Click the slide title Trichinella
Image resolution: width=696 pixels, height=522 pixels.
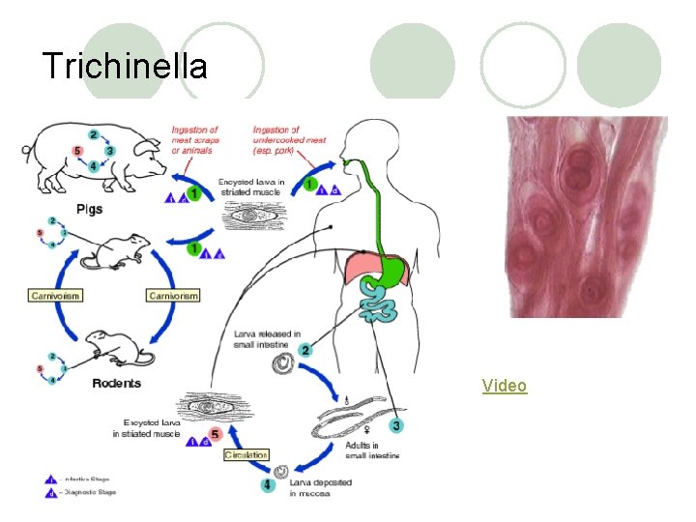click(x=125, y=66)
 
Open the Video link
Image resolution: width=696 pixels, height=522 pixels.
click(x=505, y=386)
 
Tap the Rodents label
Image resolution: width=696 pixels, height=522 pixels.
click(x=117, y=383)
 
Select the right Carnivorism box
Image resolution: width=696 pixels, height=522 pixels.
click(x=172, y=295)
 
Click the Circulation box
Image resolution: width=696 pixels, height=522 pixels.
click(x=246, y=454)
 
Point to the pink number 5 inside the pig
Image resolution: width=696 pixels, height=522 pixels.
click(x=76, y=152)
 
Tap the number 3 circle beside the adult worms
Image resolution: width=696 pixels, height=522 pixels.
click(x=396, y=425)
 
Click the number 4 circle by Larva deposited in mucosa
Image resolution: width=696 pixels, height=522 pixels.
click(x=268, y=484)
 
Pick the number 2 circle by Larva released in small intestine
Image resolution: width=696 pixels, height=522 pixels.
click(x=305, y=350)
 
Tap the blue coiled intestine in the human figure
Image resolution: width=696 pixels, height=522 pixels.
click(x=378, y=308)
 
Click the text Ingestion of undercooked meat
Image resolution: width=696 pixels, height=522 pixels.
click(x=289, y=139)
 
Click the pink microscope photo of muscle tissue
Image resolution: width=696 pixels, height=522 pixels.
click(x=586, y=217)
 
